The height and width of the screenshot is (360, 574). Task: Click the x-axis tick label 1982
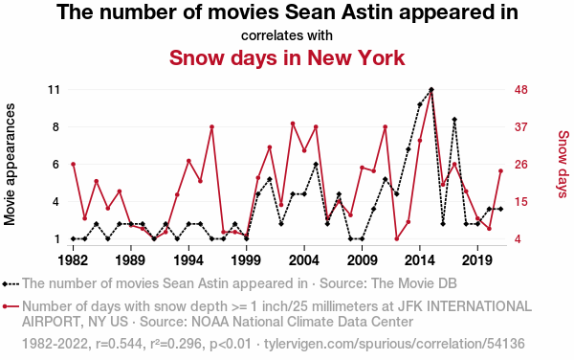click(74, 260)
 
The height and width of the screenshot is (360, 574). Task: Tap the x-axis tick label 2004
click(304, 260)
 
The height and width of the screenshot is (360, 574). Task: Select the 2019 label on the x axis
click(477, 260)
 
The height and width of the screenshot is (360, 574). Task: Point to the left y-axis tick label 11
click(54, 90)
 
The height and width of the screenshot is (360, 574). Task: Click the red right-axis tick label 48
click(521, 90)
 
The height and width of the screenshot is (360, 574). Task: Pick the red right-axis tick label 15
click(521, 201)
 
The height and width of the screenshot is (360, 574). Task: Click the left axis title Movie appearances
click(10, 164)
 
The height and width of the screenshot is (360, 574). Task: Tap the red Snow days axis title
click(563, 164)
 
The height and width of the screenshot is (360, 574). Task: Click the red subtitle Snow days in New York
click(287, 57)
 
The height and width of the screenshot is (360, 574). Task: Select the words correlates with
click(287, 35)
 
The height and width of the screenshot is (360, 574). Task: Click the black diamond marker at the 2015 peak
click(431, 90)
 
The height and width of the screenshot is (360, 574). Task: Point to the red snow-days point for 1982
click(74, 164)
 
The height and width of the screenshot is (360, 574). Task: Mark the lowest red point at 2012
click(397, 238)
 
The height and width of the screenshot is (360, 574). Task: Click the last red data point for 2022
click(500, 170)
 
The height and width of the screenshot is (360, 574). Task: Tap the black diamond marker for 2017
click(454, 120)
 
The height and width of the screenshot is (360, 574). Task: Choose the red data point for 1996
click(211, 126)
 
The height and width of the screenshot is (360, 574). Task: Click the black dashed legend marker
click(11, 283)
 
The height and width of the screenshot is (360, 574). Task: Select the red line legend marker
click(11, 306)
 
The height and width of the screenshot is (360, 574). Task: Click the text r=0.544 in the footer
click(119, 344)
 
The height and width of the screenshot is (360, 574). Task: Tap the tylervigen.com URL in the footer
click(394, 344)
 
